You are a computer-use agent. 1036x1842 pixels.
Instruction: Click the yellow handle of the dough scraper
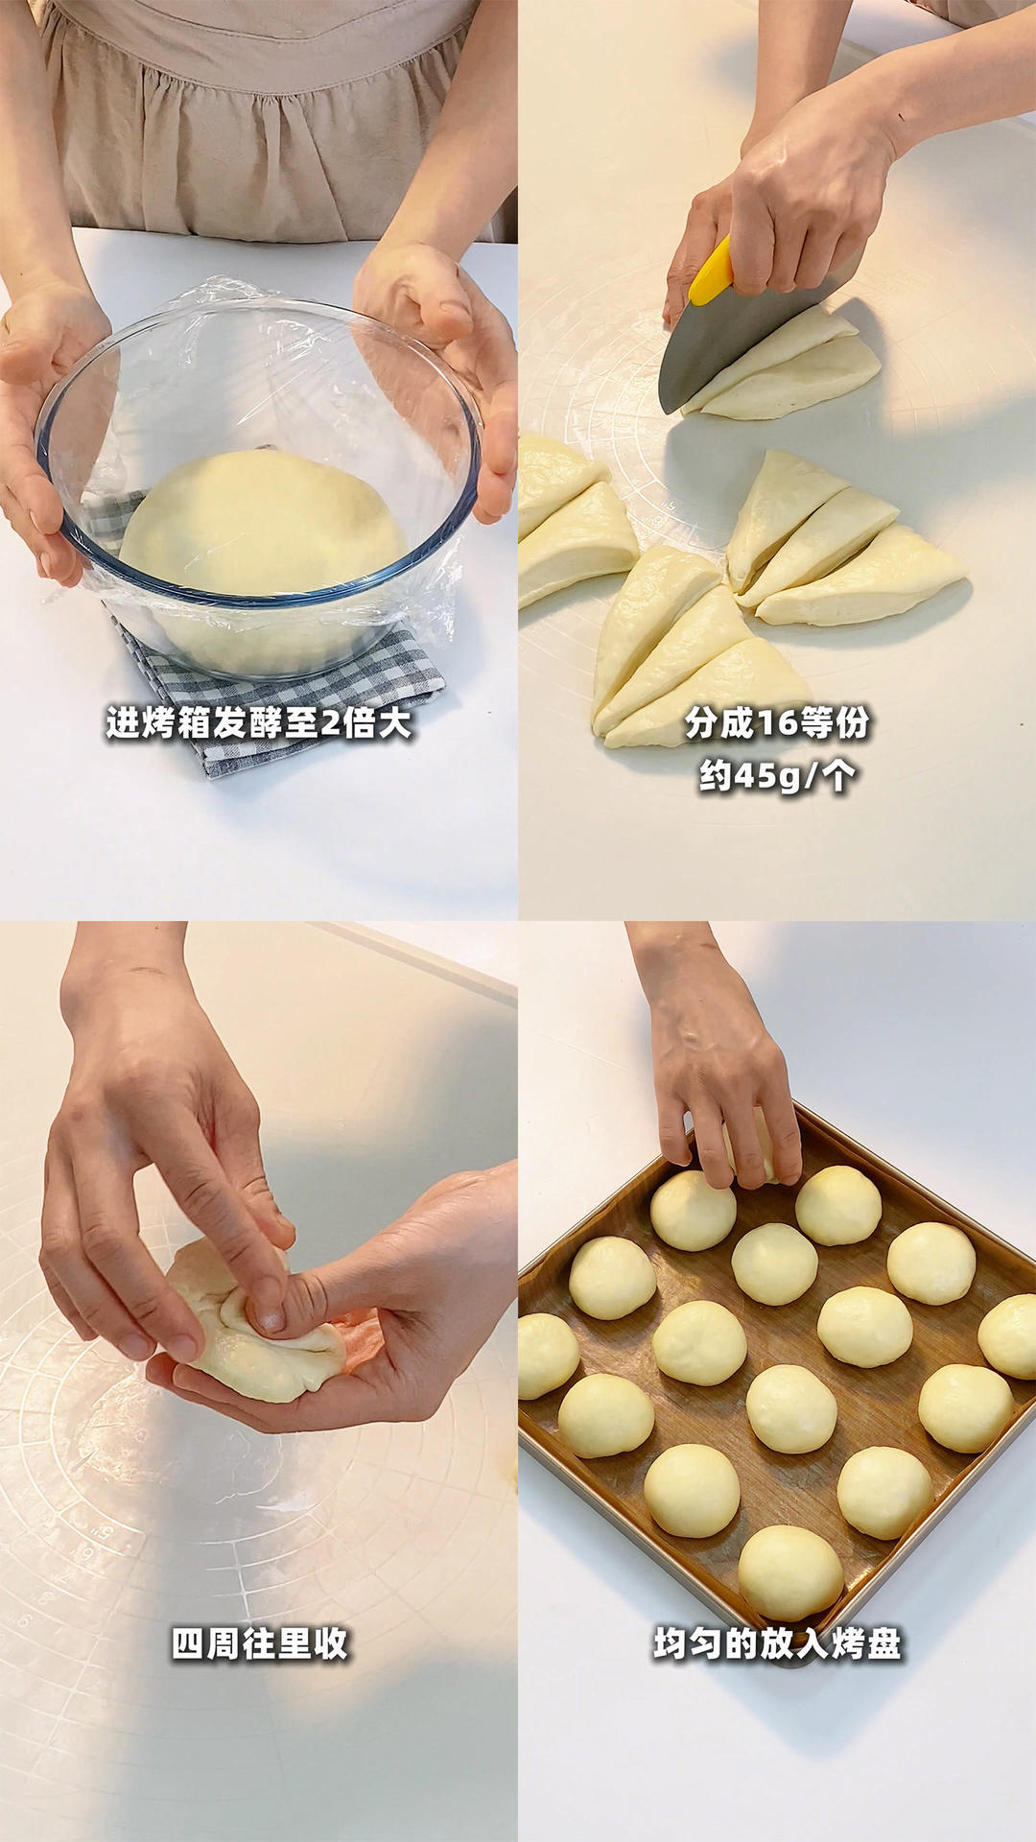pos(711,272)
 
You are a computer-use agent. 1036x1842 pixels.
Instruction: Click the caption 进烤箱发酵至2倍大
pos(259,722)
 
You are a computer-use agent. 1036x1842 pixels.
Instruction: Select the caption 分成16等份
pos(777,722)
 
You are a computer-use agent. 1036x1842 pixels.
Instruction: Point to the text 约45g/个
pos(777,775)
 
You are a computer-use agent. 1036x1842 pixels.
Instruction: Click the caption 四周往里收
pos(259,1643)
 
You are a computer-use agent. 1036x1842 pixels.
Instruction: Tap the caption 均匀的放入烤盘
pos(777,1643)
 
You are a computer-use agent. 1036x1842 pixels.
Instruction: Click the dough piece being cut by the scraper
pos(782,369)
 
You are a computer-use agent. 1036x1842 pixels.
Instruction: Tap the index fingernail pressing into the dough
pos(271,1321)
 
